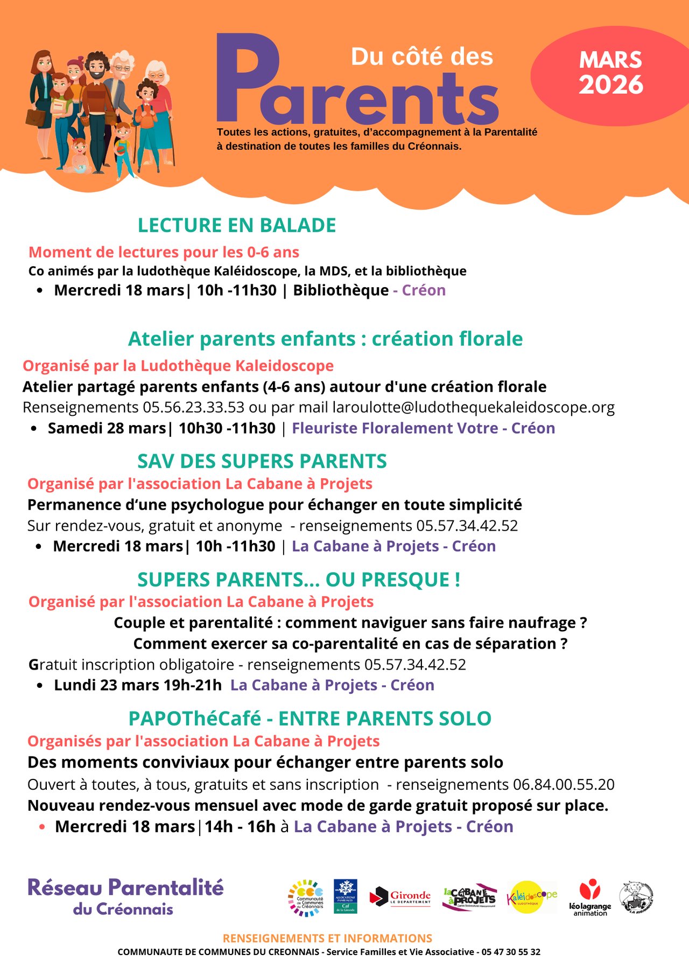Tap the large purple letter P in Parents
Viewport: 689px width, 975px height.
pos(245,78)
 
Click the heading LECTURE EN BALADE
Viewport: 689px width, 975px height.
pos(237,225)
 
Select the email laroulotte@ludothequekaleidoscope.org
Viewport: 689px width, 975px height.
pos(473,407)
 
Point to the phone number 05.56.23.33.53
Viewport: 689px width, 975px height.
pos(193,407)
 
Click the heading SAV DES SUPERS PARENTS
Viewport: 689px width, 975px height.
pos(262,461)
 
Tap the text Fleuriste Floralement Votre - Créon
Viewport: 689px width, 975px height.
pos(423,428)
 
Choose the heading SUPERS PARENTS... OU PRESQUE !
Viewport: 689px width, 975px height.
pos(299,580)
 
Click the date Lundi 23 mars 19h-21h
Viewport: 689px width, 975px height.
pos(138,685)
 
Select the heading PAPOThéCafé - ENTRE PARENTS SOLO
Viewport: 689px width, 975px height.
pos(310,719)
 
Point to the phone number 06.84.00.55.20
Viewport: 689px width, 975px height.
pos(564,784)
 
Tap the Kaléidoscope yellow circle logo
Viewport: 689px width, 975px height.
pos(531,897)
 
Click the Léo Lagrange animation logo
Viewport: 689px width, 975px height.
pos(590,897)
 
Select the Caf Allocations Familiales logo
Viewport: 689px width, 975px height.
pos(345,896)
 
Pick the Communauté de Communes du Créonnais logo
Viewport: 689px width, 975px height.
pos(306,898)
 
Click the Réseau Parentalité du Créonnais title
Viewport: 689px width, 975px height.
pos(125,897)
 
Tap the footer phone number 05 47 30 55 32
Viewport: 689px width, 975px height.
pos(511,952)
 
